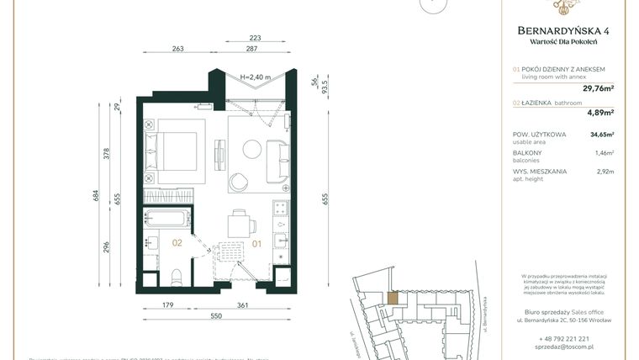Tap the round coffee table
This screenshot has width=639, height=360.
click(252, 149)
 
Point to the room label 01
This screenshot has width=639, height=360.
click(257, 244)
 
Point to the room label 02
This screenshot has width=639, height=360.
click(177, 243)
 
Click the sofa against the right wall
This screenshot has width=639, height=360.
click(277, 157)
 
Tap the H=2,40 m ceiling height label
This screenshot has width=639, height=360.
click(256, 77)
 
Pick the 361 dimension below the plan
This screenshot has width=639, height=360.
click(242, 305)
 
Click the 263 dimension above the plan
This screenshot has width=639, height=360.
click(177, 49)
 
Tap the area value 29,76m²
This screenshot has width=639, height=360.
click(598, 87)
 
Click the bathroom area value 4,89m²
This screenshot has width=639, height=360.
click(599, 111)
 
